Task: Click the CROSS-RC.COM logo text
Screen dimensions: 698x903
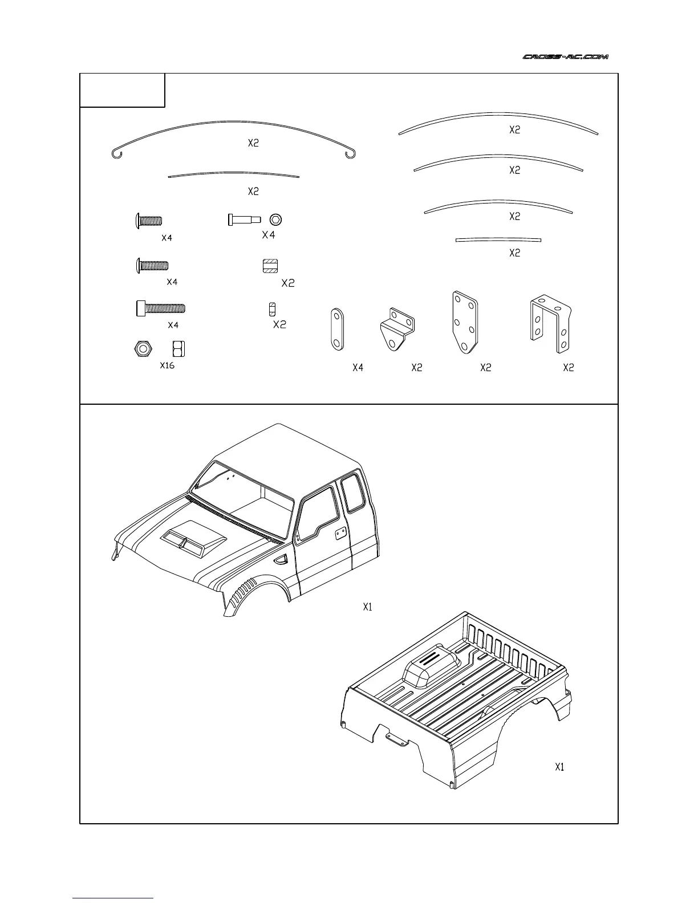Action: (x=566, y=56)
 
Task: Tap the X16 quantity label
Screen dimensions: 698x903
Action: (x=167, y=365)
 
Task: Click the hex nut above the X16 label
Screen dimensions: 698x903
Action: (x=142, y=348)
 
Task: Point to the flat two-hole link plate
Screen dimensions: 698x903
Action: (x=336, y=330)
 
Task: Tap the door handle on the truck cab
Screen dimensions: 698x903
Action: (x=340, y=532)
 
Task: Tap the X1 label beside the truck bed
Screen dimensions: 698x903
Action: (x=559, y=767)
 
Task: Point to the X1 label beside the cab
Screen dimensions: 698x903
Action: (x=368, y=607)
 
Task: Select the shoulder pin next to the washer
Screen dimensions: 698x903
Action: (x=244, y=219)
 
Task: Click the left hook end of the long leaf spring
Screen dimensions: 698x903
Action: (x=116, y=153)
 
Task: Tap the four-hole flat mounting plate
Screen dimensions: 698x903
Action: (x=465, y=322)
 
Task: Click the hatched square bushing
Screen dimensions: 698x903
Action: (x=270, y=266)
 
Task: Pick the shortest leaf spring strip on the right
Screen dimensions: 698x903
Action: (x=498, y=239)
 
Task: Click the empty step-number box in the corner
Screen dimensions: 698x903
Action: (x=122, y=90)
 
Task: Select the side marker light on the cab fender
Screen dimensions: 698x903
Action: (x=281, y=560)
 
